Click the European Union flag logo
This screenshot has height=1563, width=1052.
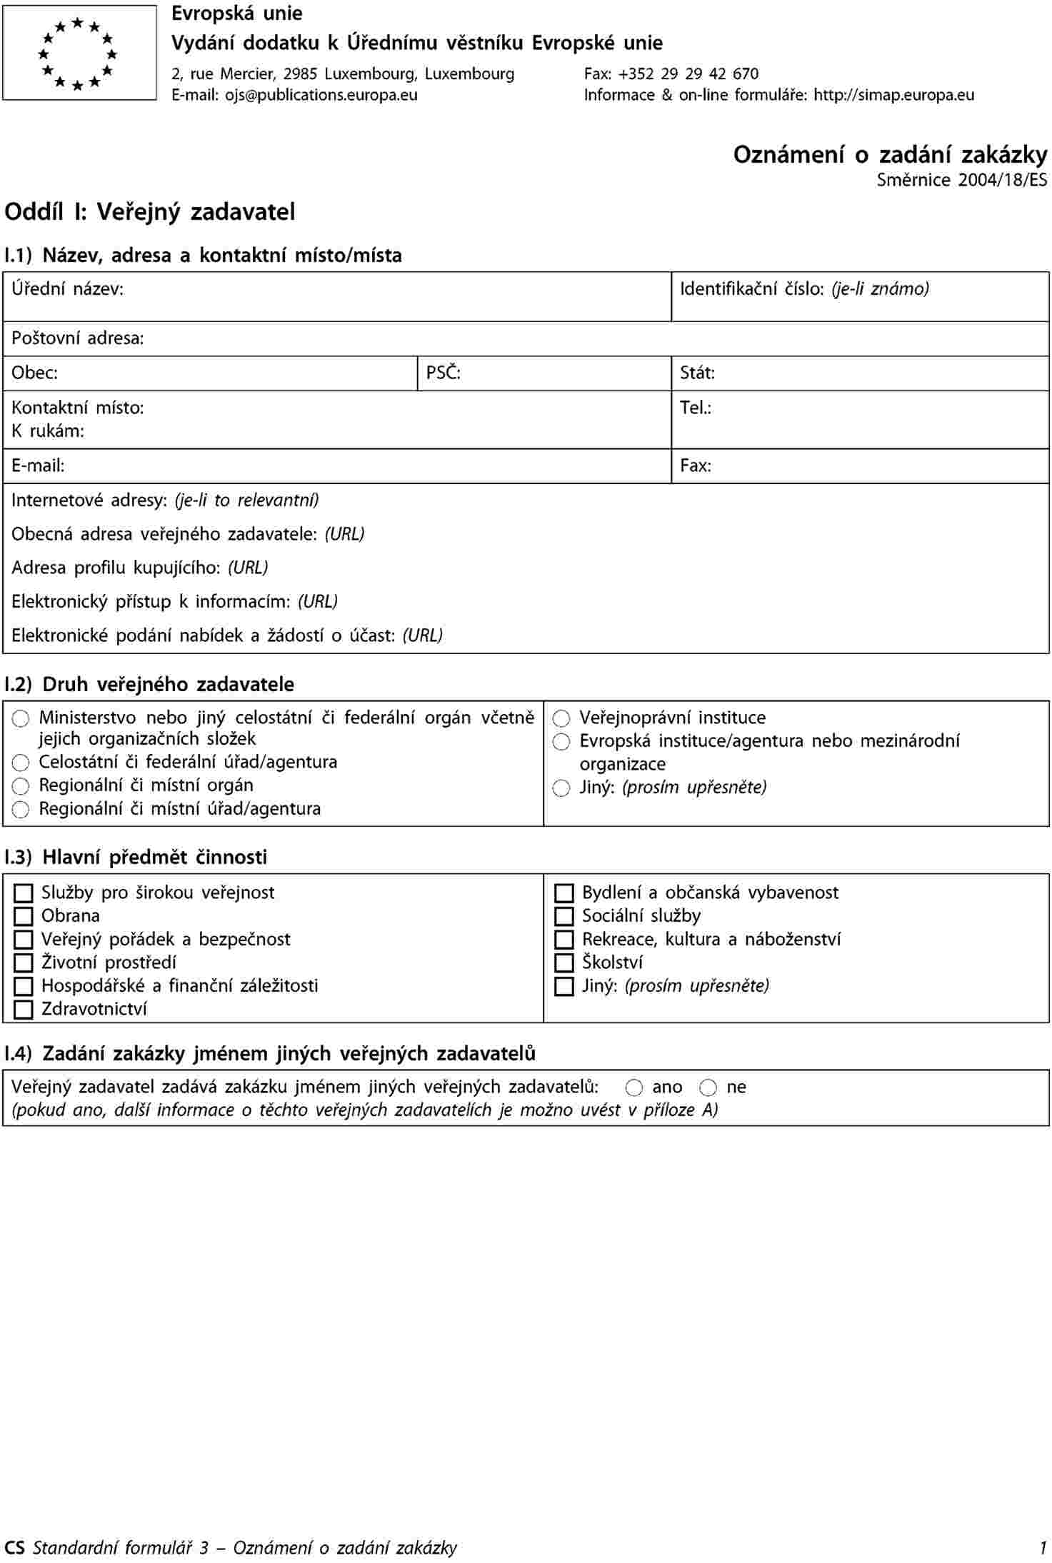pyautogui.click(x=79, y=53)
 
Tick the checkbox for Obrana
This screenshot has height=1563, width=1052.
pyautogui.click(x=24, y=916)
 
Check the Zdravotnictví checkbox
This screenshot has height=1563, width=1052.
pyautogui.click(x=24, y=1010)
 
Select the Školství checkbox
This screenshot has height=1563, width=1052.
pyautogui.click(x=564, y=963)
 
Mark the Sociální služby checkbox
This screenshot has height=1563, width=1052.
pyautogui.click(x=564, y=916)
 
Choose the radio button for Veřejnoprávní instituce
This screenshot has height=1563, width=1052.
pyautogui.click(x=562, y=718)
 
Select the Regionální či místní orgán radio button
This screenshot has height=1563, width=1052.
pyautogui.click(x=21, y=786)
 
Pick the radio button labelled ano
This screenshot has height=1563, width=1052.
pyautogui.click(x=633, y=1087)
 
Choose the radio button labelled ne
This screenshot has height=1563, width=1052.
pyautogui.click(x=708, y=1087)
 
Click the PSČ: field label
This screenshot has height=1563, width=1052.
pyautogui.click(x=444, y=373)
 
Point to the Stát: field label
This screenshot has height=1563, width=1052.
pyautogui.click(x=697, y=373)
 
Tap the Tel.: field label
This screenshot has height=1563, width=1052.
pyautogui.click(x=696, y=408)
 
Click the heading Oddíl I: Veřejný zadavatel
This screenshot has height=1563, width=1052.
pyautogui.click(x=150, y=212)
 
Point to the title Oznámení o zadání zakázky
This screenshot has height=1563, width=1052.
pyautogui.click(x=890, y=155)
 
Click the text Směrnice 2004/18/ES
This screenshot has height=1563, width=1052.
pyautogui.click(x=962, y=180)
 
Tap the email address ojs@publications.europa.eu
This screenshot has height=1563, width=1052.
pyautogui.click(x=321, y=95)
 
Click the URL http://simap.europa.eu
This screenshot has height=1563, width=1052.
pyautogui.click(x=893, y=95)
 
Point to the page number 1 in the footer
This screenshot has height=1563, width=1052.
pyautogui.click(x=1043, y=1547)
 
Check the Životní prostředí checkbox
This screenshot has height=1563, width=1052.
pyautogui.click(x=24, y=963)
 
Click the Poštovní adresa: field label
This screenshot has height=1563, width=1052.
pyautogui.click(x=78, y=338)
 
